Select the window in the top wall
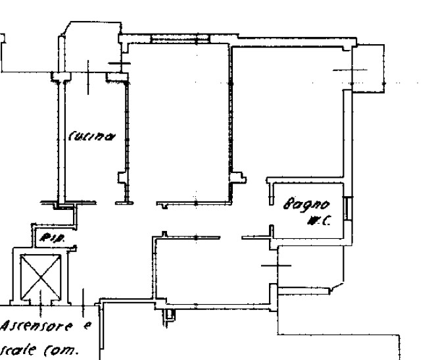[x=174, y=40]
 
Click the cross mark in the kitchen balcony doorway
[x=119, y=64]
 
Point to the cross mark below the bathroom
[x=275, y=265]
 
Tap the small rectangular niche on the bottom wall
[x=170, y=317]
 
